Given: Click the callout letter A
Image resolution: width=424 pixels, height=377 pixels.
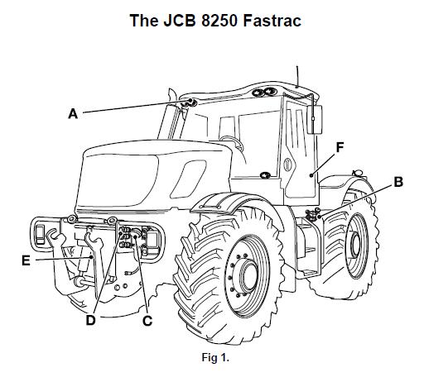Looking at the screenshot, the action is click(73, 113).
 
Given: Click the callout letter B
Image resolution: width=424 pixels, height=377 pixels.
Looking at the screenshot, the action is click(397, 182).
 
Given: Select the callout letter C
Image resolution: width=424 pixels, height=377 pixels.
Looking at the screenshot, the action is click(147, 321).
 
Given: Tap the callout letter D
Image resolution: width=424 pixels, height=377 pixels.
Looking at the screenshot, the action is click(90, 320).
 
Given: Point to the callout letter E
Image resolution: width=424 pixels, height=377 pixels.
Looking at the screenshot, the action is click(26, 260).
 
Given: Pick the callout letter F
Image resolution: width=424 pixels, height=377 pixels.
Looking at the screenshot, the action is click(340, 147).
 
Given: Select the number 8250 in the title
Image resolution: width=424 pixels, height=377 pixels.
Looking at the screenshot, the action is click(219, 21).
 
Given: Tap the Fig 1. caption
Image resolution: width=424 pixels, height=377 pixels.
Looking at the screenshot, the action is click(215, 357).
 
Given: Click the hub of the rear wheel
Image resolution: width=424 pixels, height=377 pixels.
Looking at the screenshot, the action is click(355, 245).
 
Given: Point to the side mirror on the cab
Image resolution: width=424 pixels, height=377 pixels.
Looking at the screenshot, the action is click(315, 119).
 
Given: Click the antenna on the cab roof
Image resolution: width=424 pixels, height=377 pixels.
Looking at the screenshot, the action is click(297, 77).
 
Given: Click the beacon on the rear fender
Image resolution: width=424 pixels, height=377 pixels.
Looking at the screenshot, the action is click(358, 173).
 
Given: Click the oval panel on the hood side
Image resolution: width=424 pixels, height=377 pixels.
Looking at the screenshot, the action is click(189, 179).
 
